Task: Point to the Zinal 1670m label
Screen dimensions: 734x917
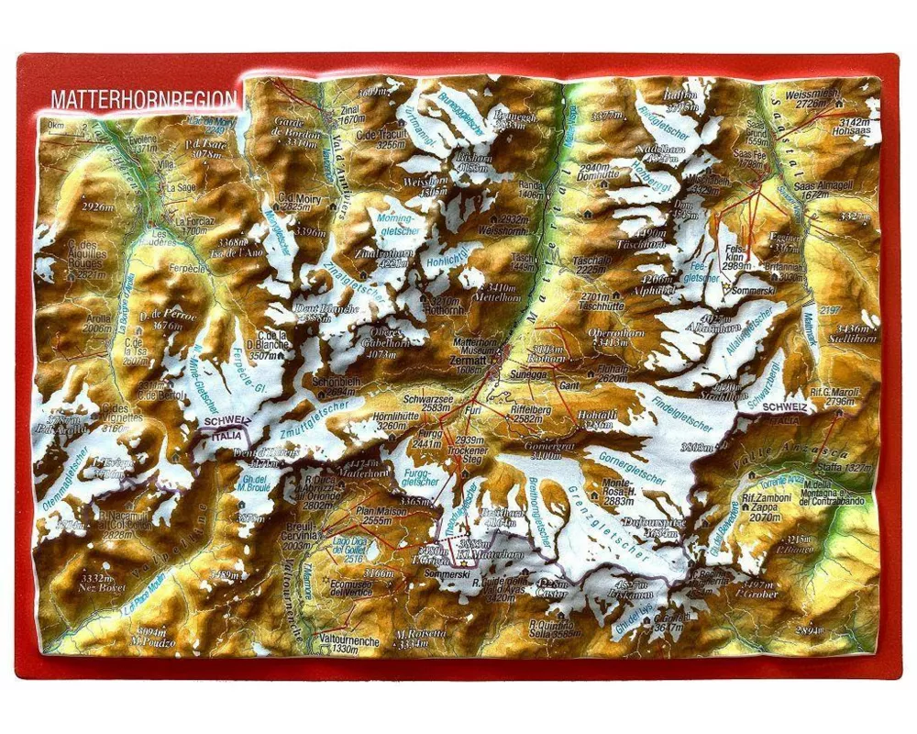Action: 352,114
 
